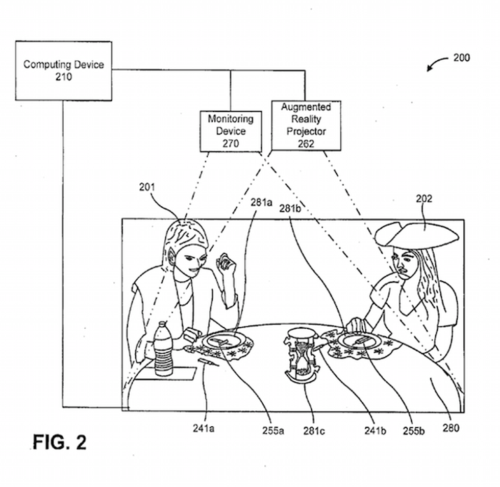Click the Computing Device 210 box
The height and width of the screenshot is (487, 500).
point(63,70)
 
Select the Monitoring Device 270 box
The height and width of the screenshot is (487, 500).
point(230,131)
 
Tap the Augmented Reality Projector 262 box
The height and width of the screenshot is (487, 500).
point(306,125)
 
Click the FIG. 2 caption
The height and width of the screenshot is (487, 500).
point(60,442)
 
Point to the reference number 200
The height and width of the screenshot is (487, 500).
point(461,58)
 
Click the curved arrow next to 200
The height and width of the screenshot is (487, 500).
point(436,65)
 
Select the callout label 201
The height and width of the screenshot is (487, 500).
point(147,187)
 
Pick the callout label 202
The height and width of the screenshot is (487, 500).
point(423,199)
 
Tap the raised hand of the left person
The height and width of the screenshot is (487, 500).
point(224,262)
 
